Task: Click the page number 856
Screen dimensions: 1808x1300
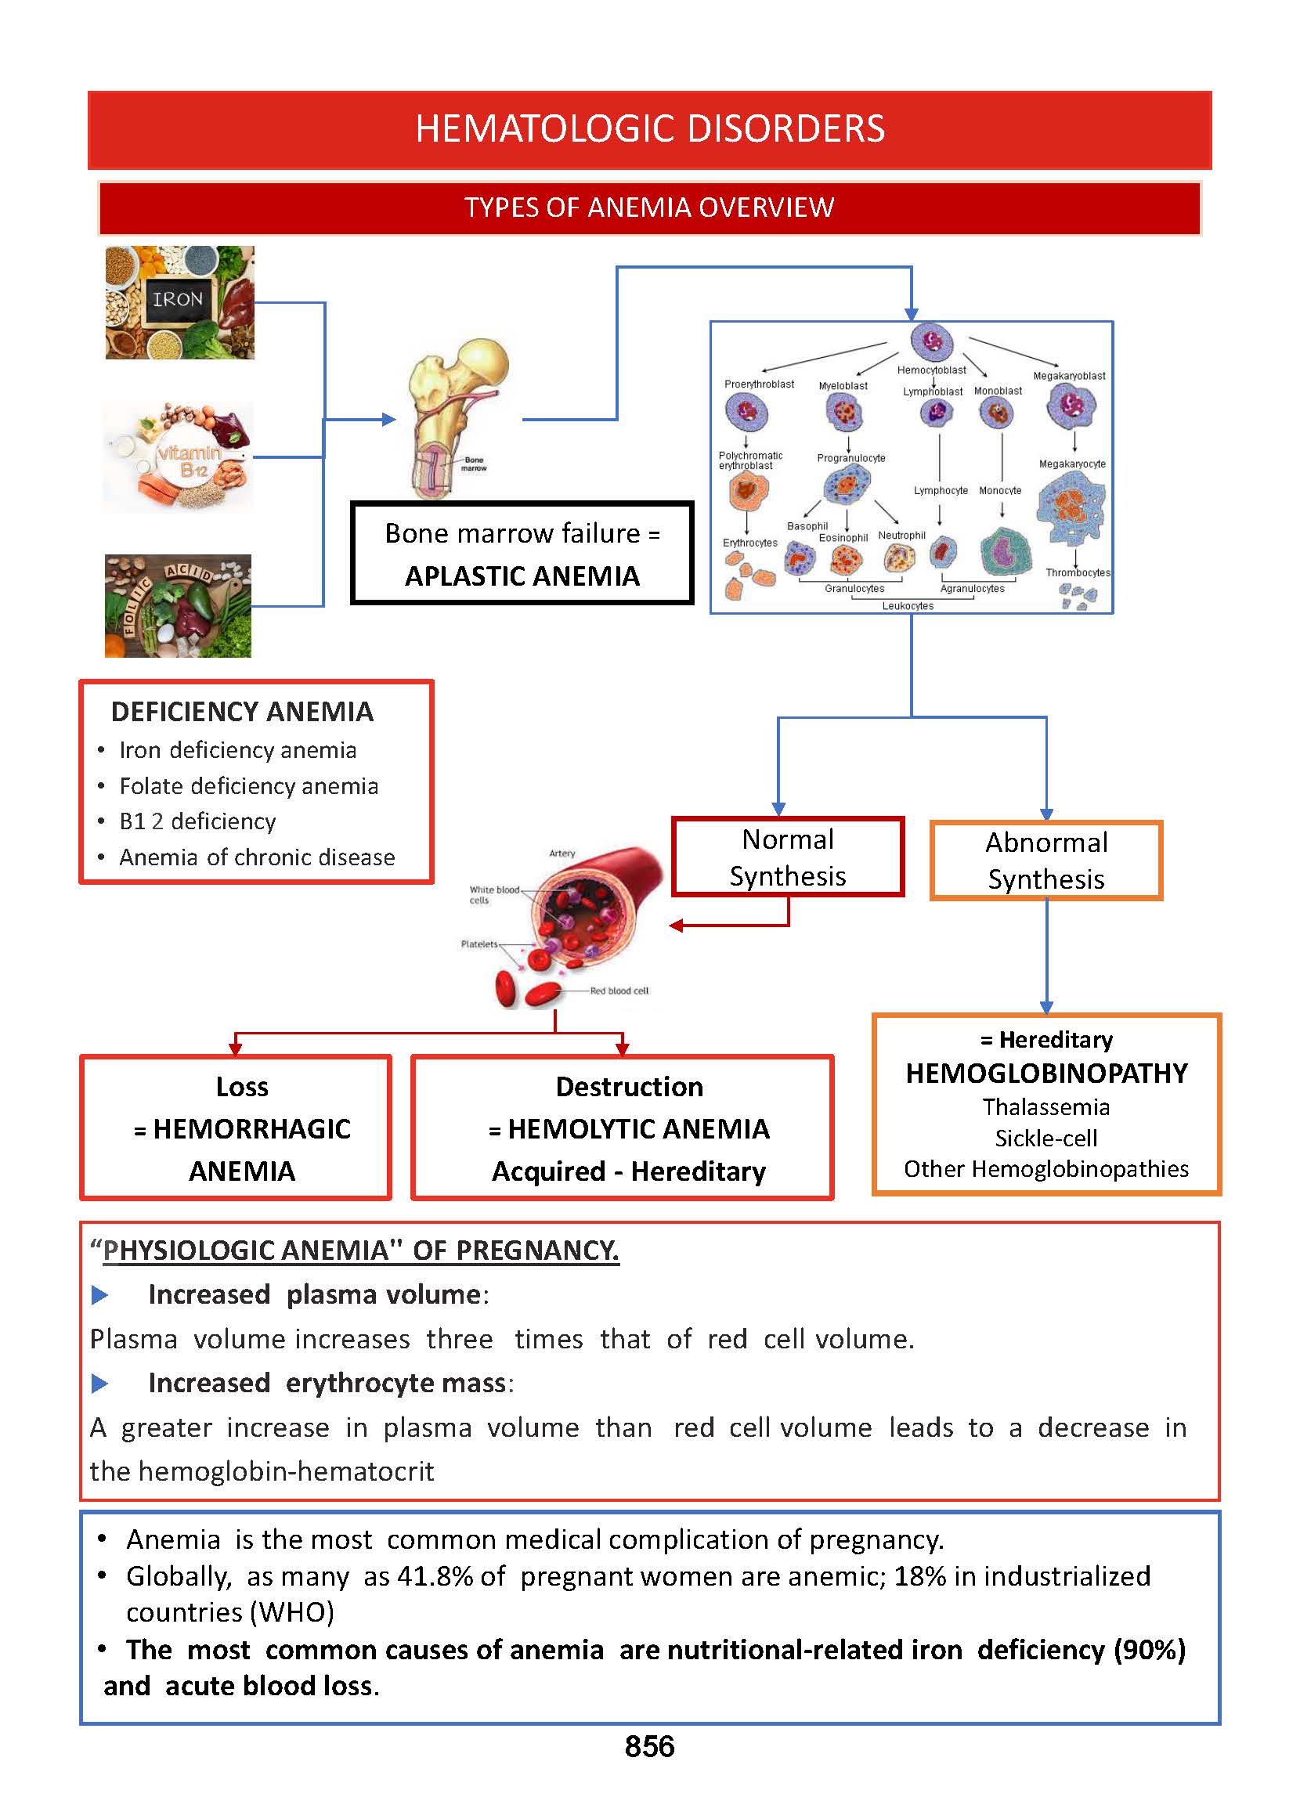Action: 648,1746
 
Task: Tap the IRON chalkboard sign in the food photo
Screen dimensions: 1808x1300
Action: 178,300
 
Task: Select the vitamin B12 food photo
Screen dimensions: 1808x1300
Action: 179,457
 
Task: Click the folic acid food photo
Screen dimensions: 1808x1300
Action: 178,606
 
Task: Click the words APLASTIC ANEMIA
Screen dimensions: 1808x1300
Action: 522,576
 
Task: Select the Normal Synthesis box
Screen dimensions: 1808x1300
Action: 788,857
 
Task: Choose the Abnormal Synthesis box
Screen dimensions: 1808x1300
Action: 1045,861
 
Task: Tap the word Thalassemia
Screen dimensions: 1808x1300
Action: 1045,1106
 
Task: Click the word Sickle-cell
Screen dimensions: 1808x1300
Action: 1045,1138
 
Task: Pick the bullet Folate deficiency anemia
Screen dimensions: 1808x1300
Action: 249,786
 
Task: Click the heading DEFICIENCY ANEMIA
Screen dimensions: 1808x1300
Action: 242,711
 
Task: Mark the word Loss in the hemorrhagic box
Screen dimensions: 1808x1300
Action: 242,1087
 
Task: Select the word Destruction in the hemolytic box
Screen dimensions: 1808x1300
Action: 629,1087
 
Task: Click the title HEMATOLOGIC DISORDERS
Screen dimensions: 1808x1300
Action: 649,129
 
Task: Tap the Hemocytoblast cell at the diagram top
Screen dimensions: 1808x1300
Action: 931,341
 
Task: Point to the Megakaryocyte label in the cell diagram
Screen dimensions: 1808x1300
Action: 1072,464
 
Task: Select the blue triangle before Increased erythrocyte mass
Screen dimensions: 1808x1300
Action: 99,1383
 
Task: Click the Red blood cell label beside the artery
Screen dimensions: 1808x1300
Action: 619,991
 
